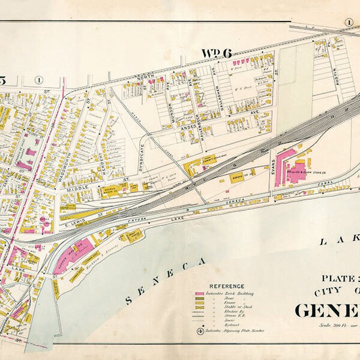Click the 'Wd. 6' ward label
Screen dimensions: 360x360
click(217, 53)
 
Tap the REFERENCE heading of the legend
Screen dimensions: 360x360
click(226, 286)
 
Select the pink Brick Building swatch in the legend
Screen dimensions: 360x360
click(200, 293)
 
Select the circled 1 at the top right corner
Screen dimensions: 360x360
click(347, 22)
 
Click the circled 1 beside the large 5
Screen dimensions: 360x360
click(38, 79)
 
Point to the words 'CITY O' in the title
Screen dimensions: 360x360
click(333, 292)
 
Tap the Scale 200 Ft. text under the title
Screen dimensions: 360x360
click(333, 326)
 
